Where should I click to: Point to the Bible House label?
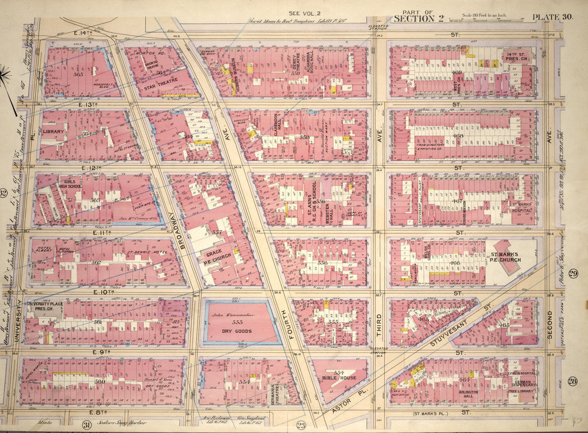pyautogui.click(x=340, y=378)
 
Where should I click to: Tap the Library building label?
pyautogui.click(x=52, y=132)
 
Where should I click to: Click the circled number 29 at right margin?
pyautogui.click(x=572, y=273)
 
